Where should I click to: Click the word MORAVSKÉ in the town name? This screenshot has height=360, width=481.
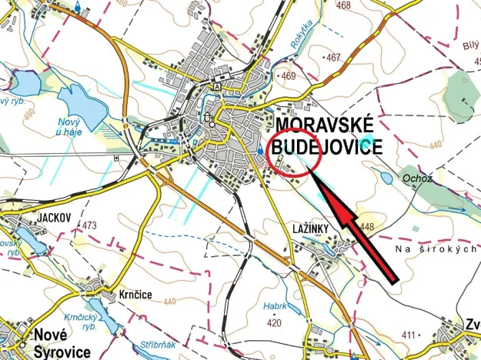coord(324,125)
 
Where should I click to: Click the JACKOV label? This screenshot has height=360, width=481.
coord(53,218)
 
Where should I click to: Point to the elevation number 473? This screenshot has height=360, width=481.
coord(89,225)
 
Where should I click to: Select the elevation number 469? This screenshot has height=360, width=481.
coord(289,75)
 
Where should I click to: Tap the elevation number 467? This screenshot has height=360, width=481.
coord(332,58)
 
